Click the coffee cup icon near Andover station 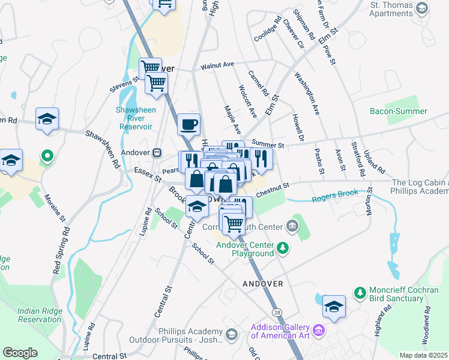click(x=189, y=124)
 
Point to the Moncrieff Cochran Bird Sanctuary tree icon click(x=360, y=293)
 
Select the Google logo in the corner click(x=20, y=352)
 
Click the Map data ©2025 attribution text click(x=423, y=355)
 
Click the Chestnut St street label click(x=273, y=190)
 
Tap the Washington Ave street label click(x=306, y=94)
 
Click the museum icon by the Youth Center click(x=292, y=226)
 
